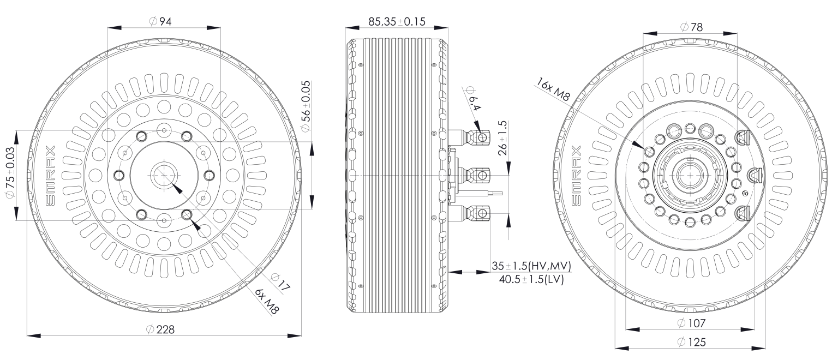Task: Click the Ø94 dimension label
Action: (160, 21)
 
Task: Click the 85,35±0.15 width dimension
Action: (397, 21)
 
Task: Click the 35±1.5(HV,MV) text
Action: (531, 266)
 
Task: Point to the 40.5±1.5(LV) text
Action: (531, 279)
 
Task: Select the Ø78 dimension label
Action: (691, 27)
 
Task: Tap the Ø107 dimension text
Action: (691, 323)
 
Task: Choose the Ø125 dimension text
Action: (691, 342)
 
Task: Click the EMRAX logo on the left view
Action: (50, 176)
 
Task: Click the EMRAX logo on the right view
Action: (579, 176)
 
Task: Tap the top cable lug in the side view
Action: (477, 137)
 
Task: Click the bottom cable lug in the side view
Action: (477, 212)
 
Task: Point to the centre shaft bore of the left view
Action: (163, 175)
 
